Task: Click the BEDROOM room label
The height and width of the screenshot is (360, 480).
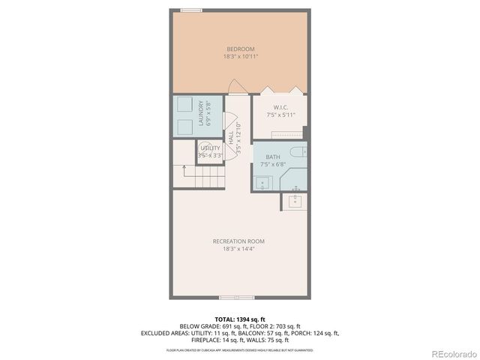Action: [x=240, y=49]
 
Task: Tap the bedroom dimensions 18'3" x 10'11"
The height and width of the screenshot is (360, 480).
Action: [x=240, y=56]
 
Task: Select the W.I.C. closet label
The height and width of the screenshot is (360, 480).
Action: [x=280, y=107]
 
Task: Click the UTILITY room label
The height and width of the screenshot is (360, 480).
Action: [x=210, y=148]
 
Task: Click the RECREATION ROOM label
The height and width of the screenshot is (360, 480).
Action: [x=238, y=241]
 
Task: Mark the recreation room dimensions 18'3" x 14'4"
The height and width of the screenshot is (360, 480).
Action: [x=238, y=248]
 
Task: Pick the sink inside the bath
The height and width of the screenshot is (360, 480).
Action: [x=262, y=181]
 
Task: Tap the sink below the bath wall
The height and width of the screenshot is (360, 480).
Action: [x=295, y=200]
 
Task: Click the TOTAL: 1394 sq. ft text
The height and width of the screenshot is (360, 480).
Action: [x=239, y=319]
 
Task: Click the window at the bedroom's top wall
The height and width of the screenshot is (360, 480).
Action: [x=190, y=10]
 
